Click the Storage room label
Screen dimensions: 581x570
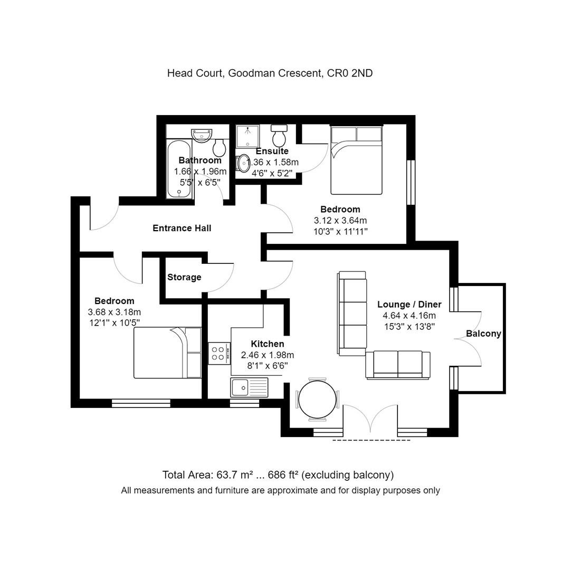184,277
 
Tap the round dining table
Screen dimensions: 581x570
317,399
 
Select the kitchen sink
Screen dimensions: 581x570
249,387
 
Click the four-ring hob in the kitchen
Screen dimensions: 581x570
219,354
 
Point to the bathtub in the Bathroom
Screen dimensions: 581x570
179,169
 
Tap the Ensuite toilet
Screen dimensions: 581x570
279,136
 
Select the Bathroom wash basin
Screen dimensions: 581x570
202,135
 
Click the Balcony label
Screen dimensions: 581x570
483,334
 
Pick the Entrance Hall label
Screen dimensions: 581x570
182,228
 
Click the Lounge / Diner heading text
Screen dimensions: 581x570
409,305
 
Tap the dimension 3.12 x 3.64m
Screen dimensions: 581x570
340,221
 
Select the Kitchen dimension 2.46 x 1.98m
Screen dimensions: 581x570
268,355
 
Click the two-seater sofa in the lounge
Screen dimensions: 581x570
398,365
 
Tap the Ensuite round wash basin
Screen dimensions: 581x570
243,163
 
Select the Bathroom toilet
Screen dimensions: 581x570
220,147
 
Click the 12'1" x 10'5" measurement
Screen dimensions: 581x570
115,323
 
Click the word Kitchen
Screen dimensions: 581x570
268,344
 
